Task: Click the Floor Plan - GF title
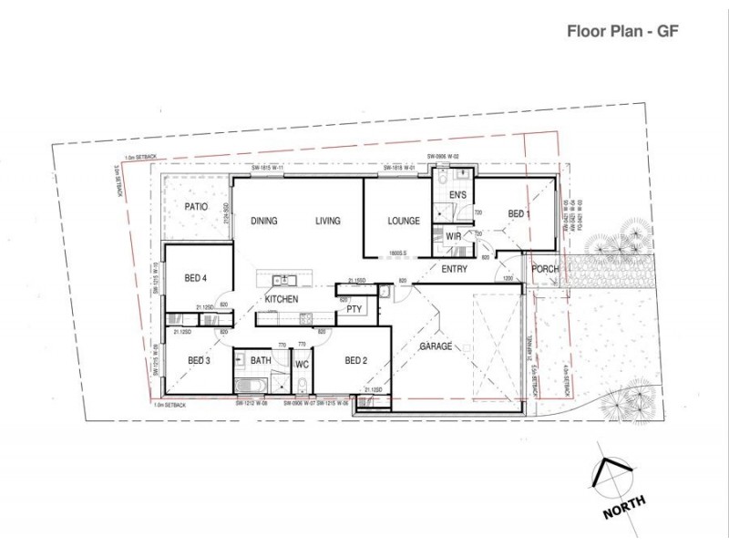click(621, 29)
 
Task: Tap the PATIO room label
click(196, 207)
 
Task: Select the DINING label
click(264, 222)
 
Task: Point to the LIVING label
click(328, 222)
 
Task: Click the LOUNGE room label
click(403, 222)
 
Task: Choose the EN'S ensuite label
click(458, 196)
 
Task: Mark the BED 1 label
click(519, 214)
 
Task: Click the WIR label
click(453, 237)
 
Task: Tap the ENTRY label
click(455, 270)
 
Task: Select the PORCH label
click(545, 269)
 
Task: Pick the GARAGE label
click(436, 347)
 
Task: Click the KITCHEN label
click(282, 299)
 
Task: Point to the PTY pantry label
click(354, 310)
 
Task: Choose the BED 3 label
click(200, 361)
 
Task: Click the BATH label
click(261, 361)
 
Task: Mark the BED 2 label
click(355, 361)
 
